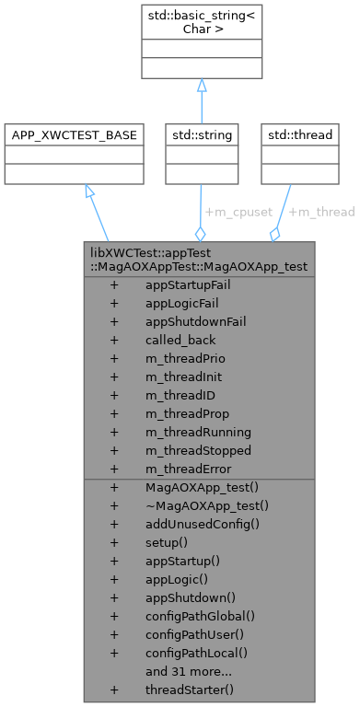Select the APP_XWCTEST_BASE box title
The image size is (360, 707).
(x=73, y=135)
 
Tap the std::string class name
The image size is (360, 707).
(x=201, y=135)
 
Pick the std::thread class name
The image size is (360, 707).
(x=299, y=135)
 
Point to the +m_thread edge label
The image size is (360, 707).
(x=321, y=212)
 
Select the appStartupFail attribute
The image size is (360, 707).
(x=188, y=284)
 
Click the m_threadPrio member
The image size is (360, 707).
(x=185, y=358)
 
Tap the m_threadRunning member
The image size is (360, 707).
(x=197, y=432)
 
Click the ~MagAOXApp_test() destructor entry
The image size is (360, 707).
(x=206, y=505)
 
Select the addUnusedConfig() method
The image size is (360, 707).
(x=203, y=524)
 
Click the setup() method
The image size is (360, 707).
(x=167, y=542)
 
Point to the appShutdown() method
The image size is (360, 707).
(x=190, y=597)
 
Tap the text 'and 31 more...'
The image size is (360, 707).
(x=189, y=671)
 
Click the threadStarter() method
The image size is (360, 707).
(x=190, y=690)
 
